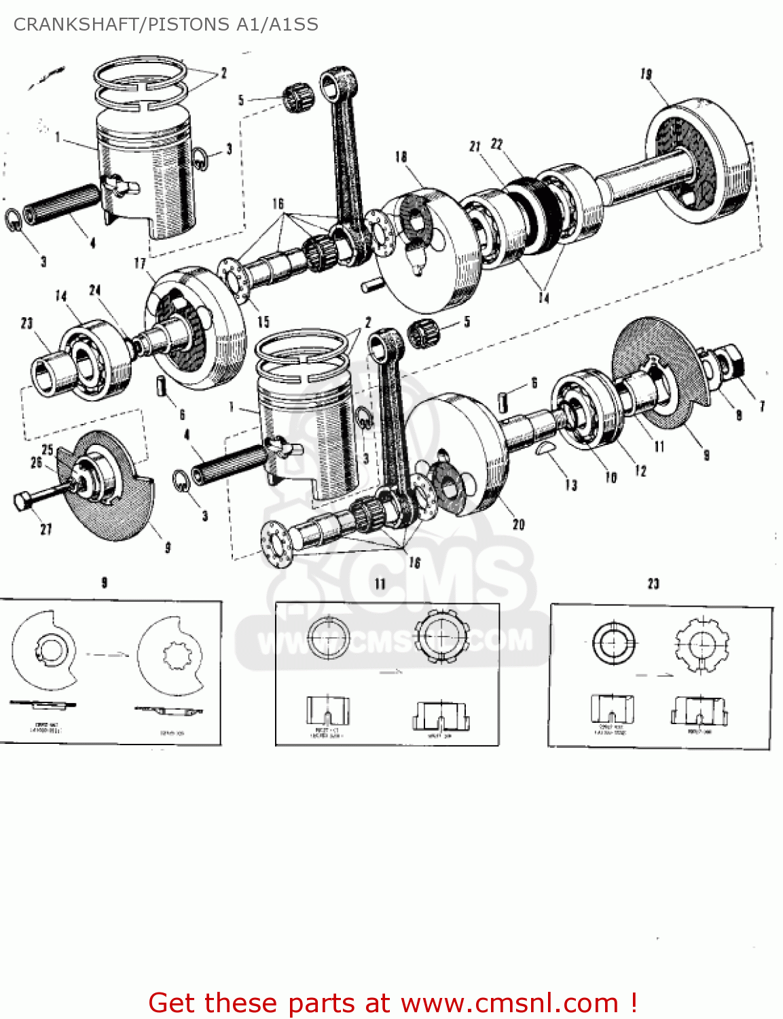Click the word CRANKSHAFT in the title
pyautogui.click(x=77, y=24)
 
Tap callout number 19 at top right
pyautogui.click(x=646, y=74)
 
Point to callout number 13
pyautogui.click(x=570, y=485)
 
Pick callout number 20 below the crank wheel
pyautogui.click(x=519, y=524)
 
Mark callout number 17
pyautogui.click(x=139, y=263)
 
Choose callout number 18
pyautogui.click(x=401, y=157)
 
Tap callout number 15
pyautogui.click(x=263, y=322)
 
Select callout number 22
pyautogui.click(x=497, y=144)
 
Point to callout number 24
pyautogui.click(x=95, y=290)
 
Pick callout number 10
pyautogui.click(x=611, y=478)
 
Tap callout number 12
pyautogui.click(x=640, y=471)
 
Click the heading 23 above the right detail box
pyautogui.click(x=653, y=584)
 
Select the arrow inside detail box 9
pyautogui.click(x=107, y=655)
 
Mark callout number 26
pyautogui.click(x=36, y=463)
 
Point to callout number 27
pyautogui.click(x=45, y=529)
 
